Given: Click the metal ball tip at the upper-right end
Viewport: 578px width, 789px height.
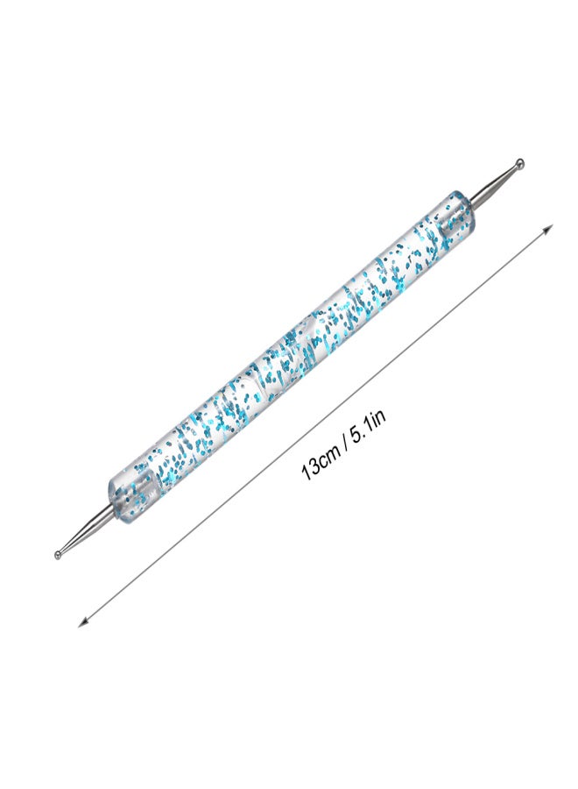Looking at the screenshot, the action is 520,163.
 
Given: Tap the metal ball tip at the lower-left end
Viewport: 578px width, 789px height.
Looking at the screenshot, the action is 59,554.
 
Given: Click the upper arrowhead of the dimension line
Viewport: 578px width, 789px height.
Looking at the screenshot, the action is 548,229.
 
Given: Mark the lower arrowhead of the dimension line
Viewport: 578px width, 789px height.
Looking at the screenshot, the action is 83,622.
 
